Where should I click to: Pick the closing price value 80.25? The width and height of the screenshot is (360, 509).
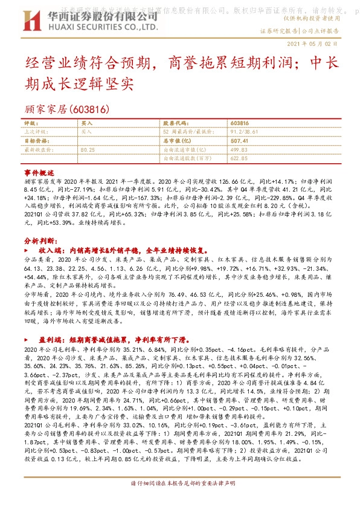[x=88, y=149]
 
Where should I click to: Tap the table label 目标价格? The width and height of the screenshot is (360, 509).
[x=34, y=140]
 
